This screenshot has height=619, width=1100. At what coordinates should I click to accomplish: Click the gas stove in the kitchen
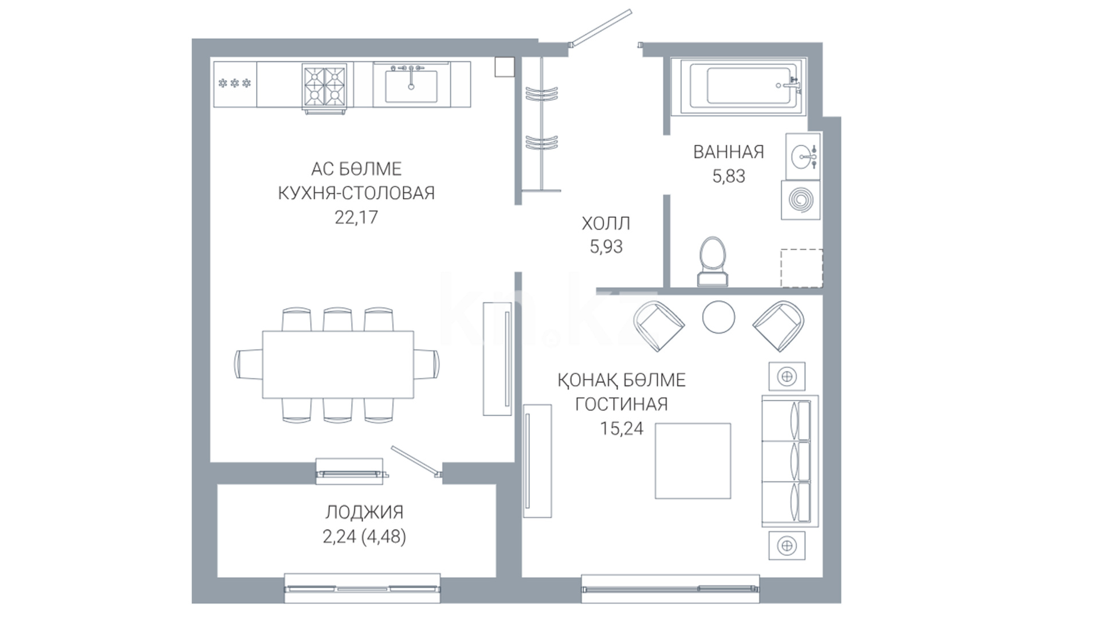click(325, 88)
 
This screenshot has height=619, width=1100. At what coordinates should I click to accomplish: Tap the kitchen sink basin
click(411, 85)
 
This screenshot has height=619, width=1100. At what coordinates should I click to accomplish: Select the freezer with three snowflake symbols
click(235, 84)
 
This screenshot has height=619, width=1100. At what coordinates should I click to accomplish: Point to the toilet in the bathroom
click(713, 261)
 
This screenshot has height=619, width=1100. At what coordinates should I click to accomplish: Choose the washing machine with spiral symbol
click(800, 200)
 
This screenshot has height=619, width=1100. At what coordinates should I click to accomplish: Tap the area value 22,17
click(356, 217)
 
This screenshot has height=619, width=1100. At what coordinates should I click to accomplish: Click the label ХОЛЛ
click(606, 223)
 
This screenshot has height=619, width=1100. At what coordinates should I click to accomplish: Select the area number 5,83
click(729, 176)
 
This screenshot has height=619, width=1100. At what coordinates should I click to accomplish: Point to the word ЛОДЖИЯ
click(364, 512)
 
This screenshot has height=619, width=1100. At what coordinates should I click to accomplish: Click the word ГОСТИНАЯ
click(622, 404)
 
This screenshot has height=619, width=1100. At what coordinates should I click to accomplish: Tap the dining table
click(338, 364)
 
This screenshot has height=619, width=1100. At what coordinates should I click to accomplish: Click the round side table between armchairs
click(718, 317)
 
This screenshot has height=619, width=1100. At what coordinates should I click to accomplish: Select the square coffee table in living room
click(693, 461)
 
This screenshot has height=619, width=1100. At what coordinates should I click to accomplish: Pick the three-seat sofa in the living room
click(789, 461)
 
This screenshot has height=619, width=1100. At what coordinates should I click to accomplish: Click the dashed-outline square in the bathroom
click(802, 268)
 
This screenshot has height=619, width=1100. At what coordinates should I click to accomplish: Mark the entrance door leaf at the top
click(600, 27)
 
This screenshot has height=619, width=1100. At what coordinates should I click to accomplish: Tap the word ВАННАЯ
click(729, 152)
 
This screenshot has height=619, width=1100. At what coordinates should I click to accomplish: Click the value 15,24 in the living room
click(622, 428)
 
